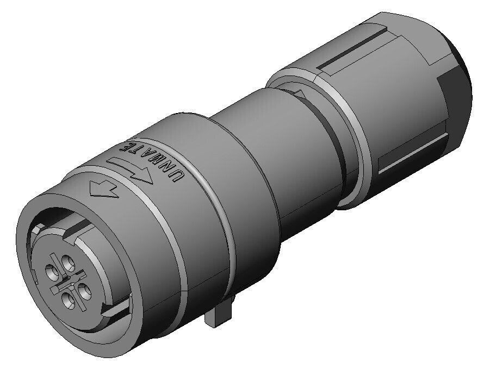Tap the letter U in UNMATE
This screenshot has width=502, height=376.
tap(178, 176)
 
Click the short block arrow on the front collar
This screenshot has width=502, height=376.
tap(103, 189)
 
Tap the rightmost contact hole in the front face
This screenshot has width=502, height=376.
tap(84, 290)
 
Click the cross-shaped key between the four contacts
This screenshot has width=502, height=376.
tap(68, 281)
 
